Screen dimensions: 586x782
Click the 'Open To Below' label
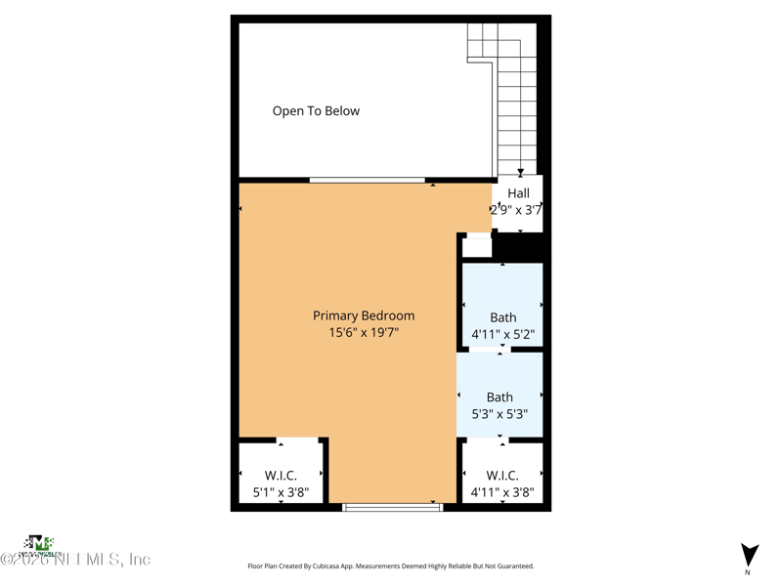click(x=316, y=111)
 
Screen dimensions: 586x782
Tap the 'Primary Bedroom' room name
click(x=364, y=315)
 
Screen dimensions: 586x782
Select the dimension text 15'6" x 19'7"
click(x=364, y=333)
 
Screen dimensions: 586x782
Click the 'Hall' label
click(x=518, y=193)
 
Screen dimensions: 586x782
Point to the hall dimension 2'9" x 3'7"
click(x=516, y=209)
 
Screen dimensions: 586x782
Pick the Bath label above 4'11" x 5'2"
click(x=503, y=317)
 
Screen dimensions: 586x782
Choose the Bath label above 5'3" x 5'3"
click(x=500, y=398)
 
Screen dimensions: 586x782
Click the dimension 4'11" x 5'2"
click(x=503, y=334)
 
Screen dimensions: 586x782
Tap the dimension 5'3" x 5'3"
click(x=500, y=414)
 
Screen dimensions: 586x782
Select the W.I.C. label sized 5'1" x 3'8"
click(x=281, y=476)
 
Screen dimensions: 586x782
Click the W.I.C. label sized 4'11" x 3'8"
click(x=501, y=476)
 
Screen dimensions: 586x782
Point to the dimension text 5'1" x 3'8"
click(x=281, y=493)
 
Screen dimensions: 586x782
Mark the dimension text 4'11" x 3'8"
click(x=502, y=493)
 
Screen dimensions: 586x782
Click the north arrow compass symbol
click(x=750, y=556)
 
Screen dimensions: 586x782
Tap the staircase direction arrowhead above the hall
click(x=520, y=172)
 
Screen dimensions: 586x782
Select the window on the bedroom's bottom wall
click(x=392, y=507)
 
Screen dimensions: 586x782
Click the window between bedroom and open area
click(x=368, y=180)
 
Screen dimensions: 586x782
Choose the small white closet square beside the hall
click(x=477, y=246)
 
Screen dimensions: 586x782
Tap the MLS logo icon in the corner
click(x=38, y=543)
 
